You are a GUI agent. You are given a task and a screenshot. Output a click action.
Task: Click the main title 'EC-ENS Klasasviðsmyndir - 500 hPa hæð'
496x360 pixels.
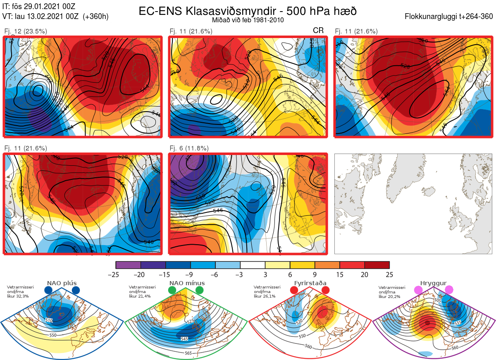point(248,11)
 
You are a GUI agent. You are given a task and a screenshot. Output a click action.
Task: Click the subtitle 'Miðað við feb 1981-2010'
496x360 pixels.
point(248,20)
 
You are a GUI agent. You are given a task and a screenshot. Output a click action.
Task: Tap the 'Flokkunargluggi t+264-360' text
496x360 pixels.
point(450,17)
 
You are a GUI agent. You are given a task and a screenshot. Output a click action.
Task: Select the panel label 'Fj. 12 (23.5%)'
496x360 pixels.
point(26,31)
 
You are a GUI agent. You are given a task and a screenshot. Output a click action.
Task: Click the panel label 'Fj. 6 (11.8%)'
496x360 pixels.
point(189,148)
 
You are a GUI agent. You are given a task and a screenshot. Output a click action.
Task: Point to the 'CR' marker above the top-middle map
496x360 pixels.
point(318,31)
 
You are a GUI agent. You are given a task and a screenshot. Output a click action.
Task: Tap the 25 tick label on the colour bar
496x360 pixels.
point(389,274)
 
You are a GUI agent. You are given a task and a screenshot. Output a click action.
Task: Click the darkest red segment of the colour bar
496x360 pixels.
point(377,265)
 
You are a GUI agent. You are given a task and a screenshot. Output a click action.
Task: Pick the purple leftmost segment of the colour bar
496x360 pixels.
point(129,265)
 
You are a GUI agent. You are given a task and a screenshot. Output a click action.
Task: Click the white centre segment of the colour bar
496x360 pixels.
point(253,265)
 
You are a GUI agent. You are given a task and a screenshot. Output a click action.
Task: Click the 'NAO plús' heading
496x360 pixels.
point(61,283)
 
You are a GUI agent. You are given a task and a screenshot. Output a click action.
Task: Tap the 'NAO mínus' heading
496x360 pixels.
point(187,283)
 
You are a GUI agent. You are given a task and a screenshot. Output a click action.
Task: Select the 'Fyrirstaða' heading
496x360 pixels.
point(310,283)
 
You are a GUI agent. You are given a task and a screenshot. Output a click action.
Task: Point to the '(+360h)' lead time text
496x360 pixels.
point(95,17)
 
